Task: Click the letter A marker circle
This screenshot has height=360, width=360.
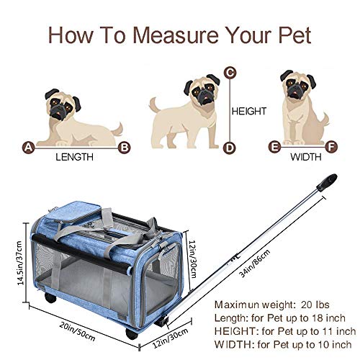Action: point(28,148)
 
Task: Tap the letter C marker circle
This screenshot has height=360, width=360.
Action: point(230,72)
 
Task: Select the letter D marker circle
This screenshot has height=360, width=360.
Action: point(230,148)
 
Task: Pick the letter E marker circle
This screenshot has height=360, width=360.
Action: point(274,148)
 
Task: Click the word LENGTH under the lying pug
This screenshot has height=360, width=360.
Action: point(76,156)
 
